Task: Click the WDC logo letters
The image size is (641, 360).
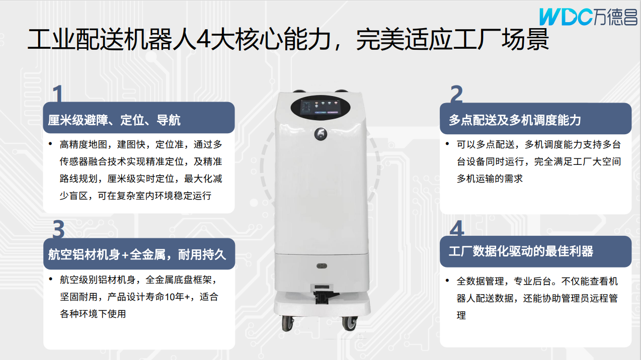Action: (x=566, y=17)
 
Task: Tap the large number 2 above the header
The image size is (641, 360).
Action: (x=456, y=94)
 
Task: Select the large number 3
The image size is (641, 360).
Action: (x=59, y=229)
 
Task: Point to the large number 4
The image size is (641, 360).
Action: (x=457, y=228)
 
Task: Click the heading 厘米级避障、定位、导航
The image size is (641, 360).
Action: (x=114, y=120)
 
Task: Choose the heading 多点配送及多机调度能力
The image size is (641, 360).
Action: (x=515, y=120)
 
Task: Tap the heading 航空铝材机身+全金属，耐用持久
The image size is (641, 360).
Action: (x=137, y=254)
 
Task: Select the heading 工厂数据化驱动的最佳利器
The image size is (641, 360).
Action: (x=521, y=251)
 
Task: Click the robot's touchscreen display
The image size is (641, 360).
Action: (x=319, y=108)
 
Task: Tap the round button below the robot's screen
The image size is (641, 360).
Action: (x=320, y=134)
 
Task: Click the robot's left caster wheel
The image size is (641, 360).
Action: (x=287, y=324)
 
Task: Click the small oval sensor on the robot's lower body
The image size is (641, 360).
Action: (x=322, y=266)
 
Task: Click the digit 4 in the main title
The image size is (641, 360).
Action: (x=203, y=39)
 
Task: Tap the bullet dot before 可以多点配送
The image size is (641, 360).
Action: (x=447, y=143)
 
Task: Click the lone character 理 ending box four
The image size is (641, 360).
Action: (x=461, y=315)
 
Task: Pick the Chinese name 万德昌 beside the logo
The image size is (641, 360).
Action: (x=615, y=17)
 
